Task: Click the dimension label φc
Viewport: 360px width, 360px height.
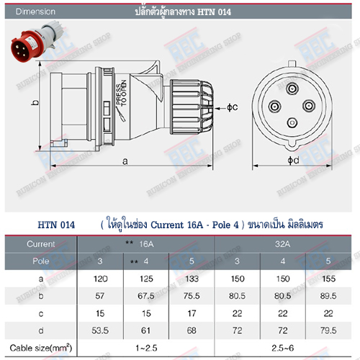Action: click(x=232, y=107)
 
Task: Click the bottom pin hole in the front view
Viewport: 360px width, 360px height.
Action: click(x=292, y=125)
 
